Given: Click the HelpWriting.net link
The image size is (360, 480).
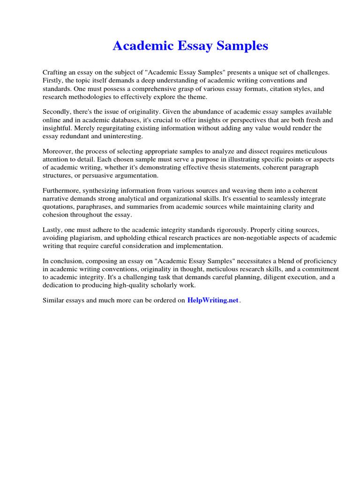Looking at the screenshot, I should tap(213, 300).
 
